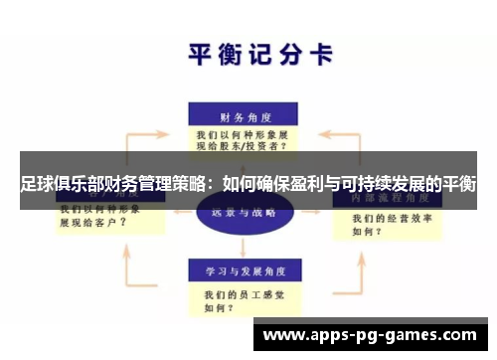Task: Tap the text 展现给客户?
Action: [92, 223]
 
